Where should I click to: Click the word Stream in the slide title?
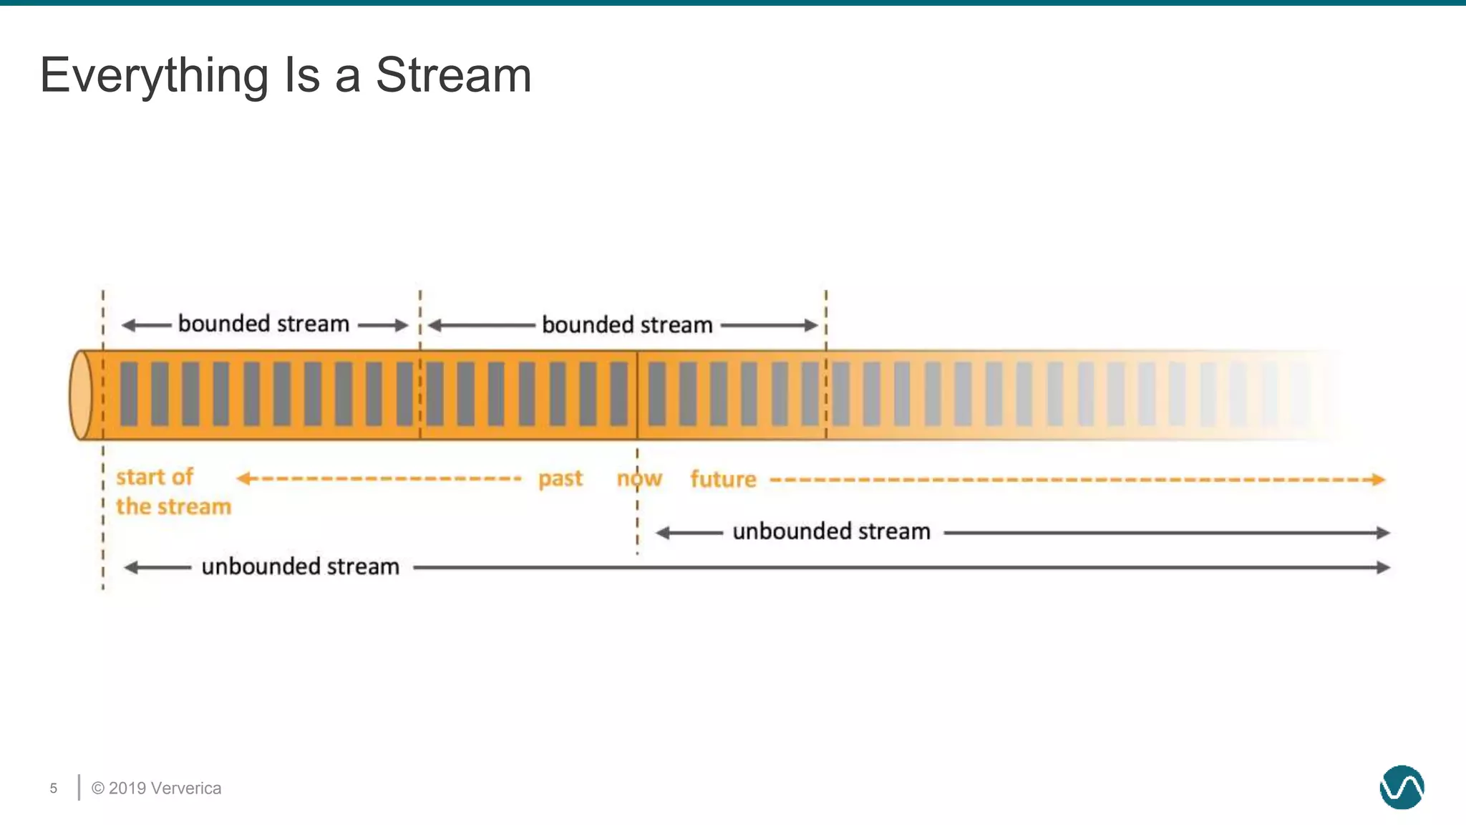pos(453,74)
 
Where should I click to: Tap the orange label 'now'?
pos(639,478)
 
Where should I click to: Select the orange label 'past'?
pos(560,478)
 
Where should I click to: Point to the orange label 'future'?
pos(723,479)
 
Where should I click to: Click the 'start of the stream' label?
pos(173,492)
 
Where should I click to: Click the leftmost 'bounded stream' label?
pos(263,324)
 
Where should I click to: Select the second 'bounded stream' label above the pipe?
pos(627,325)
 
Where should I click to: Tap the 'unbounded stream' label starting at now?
pos(831,532)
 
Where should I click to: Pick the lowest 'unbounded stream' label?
pos(300,567)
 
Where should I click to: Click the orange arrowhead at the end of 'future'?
pos(1379,480)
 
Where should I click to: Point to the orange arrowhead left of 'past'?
pos(243,478)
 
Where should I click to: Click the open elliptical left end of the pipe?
pos(81,395)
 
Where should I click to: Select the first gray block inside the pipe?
pos(129,395)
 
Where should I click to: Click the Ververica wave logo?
pos(1402,788)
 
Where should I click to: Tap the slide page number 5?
pos(54,788)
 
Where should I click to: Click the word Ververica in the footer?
pos(187,788)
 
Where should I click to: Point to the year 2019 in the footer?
pos(128,788)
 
